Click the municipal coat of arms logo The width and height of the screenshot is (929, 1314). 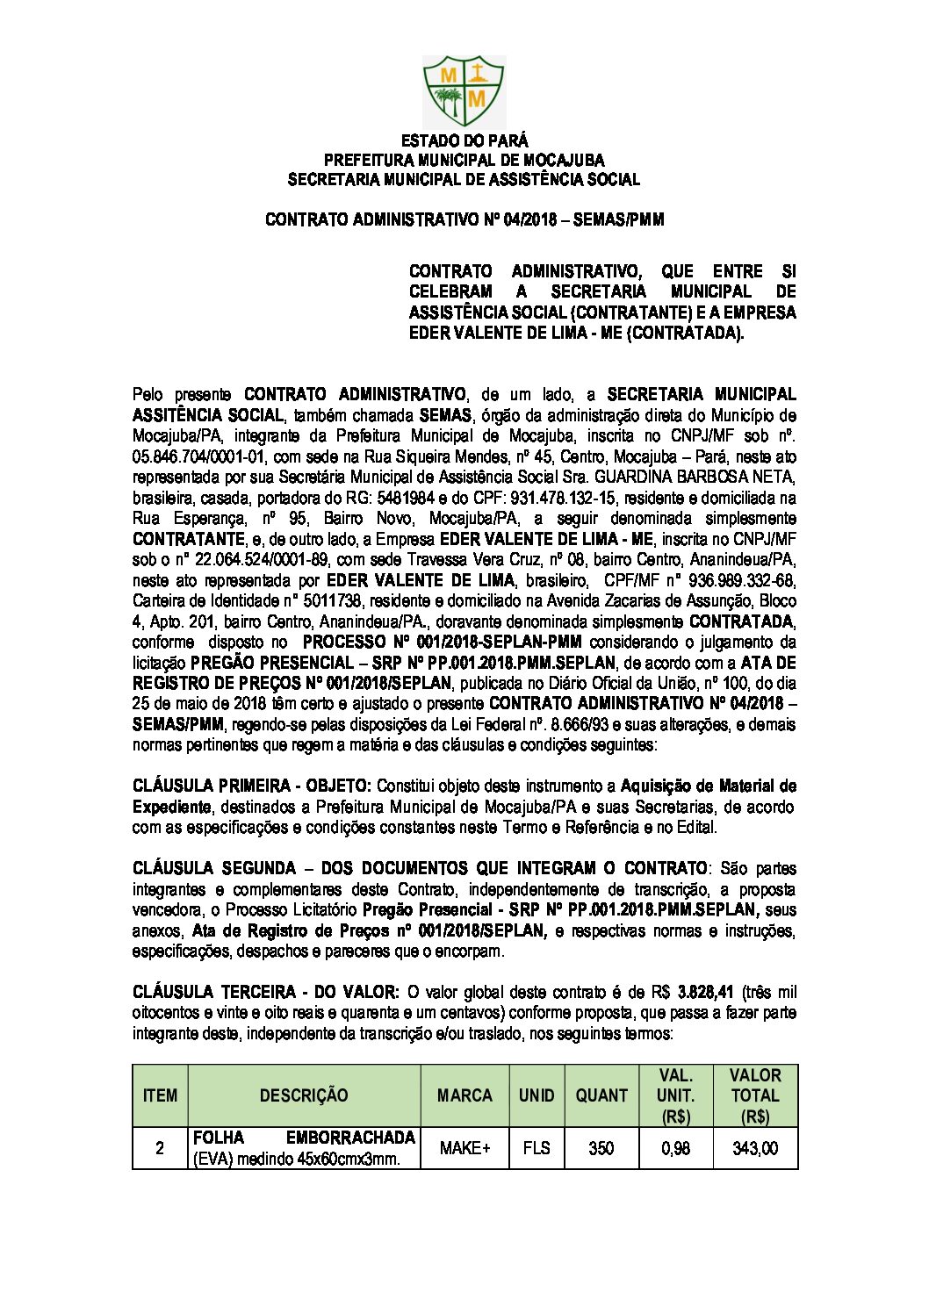(464, 91)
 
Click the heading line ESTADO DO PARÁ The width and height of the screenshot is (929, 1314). (464, 140)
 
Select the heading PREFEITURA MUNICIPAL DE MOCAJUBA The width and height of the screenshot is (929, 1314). (464, 160)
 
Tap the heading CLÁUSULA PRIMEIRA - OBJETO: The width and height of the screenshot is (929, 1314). (252, 786)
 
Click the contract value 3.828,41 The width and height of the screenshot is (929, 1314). (707, 993)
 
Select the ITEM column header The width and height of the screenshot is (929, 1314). (160, 1095)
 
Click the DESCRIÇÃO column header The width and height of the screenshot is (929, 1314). (304, 1095)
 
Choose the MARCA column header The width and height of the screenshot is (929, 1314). (464, 1095)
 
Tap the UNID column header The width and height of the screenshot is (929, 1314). (536, 1095)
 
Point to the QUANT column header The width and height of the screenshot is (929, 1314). (601, 1095)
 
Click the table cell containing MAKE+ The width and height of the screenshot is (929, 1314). (464, 1148)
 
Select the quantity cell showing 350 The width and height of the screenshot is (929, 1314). (601, 1148)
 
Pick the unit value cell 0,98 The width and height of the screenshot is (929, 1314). (674, 1148)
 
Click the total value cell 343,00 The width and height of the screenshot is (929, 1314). (755, 1148)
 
